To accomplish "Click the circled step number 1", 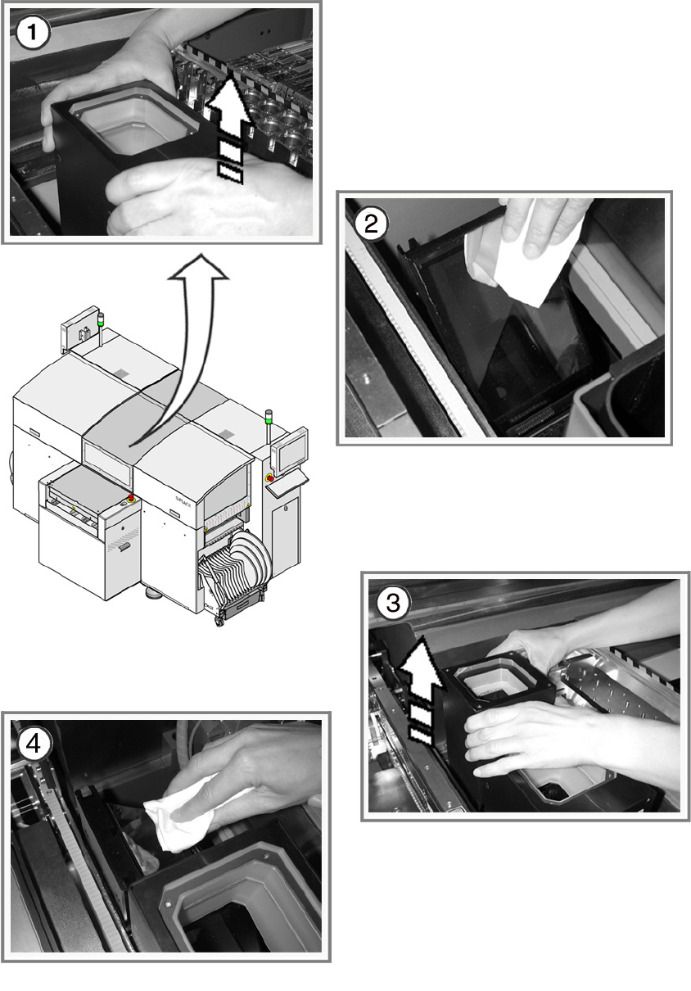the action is (32, 32).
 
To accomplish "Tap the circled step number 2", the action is (371, 224).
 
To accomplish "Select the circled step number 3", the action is (393, 603).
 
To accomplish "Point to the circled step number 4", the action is (34, 744).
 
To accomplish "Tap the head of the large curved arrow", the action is (199, 269).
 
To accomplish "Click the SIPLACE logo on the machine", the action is (183, 502).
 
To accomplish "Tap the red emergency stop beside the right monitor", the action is (269, 477).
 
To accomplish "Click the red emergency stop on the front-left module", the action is (131, 498).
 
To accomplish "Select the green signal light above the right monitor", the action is (268, 416).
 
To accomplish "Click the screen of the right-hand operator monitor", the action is (290, 453).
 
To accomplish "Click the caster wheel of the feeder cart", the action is (219, 621).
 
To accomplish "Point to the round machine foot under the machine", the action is (154, 592).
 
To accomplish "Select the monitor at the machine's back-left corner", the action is (80, 329).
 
